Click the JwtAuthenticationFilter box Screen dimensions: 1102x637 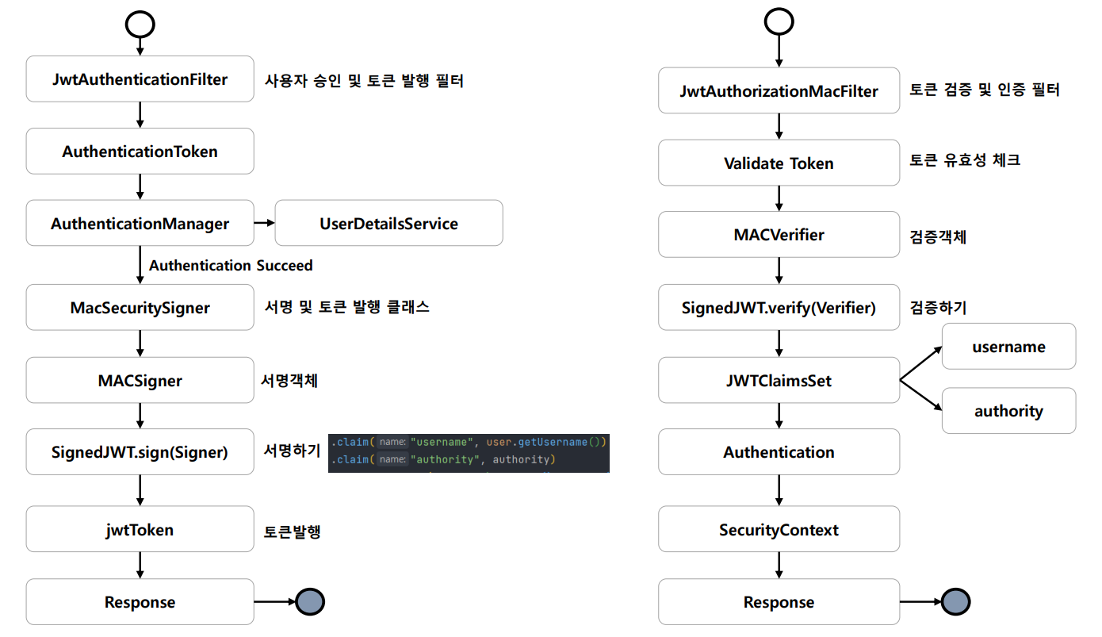point(140,79)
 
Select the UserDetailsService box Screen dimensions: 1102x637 point(388,223)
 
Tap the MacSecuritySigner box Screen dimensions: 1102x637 point(140,307)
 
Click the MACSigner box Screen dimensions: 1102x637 point(140,380)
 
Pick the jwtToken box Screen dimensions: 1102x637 point(140,529)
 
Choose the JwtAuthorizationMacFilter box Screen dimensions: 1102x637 point(779,90)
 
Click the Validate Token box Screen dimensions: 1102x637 point(779,163)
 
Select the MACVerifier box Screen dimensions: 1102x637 point(779,234)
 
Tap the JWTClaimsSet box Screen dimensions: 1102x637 point(779,380)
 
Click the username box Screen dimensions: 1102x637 point(1008,346)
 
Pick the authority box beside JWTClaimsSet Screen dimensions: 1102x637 point(1008,411)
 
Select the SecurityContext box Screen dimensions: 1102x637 point(779,529)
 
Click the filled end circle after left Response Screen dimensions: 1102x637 point(310,601)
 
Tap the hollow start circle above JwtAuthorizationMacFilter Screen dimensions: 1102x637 point(779,9)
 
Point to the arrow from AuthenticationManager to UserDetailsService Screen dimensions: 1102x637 point(265,223)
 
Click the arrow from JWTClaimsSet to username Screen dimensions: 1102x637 point(921,363)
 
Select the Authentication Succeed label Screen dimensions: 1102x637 point(231,265)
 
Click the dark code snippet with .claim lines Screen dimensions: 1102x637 point(469,454)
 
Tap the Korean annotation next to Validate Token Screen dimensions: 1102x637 point(965,160)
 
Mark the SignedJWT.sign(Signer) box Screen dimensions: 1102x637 point(140,452)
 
